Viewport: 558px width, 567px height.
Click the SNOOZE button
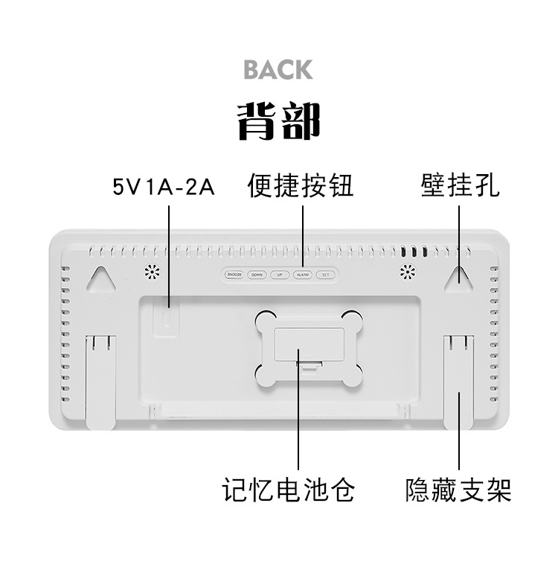pos(234,275)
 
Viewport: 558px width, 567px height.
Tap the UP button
pos(280,275)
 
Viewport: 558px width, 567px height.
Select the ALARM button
pos(302,275)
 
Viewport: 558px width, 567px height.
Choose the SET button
pos(325,275)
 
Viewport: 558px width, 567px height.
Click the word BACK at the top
pos(278,70)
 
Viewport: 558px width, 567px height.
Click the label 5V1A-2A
pos(164,187)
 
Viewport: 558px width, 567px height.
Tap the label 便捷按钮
pos(300,186)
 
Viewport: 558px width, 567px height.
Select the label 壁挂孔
pos(460,186)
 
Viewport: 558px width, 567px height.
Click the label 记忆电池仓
pos(289,489)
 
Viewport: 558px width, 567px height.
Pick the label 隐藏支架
pos(458,489)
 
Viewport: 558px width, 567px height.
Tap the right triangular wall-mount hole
pos(458,278)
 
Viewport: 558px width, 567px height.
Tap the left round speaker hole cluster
pos(153,272)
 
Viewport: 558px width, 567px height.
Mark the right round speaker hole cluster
pos(407,272)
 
